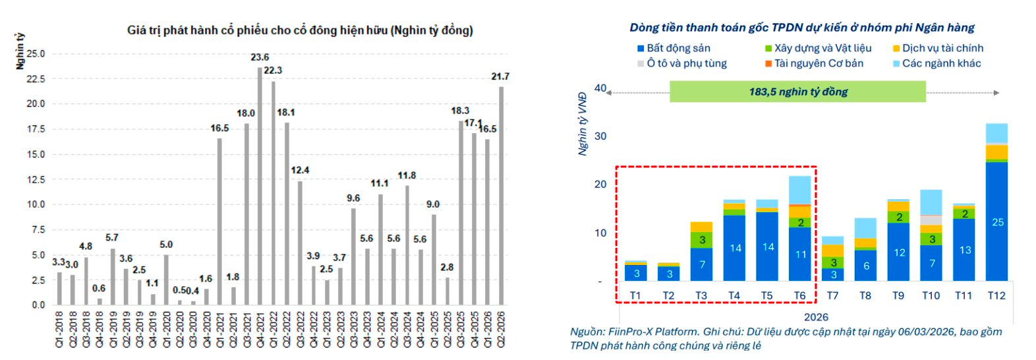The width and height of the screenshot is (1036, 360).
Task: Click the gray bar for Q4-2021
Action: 260,186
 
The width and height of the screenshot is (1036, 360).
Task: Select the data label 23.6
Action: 260,57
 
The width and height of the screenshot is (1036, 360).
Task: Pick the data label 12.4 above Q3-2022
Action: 300,170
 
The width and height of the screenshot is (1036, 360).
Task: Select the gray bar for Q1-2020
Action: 166,280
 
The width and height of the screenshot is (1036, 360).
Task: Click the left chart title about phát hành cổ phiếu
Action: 300,30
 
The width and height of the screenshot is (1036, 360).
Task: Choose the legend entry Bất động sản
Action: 678,48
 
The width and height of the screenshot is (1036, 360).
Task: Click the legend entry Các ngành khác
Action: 941,63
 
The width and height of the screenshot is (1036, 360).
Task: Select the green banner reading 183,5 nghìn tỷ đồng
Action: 797,92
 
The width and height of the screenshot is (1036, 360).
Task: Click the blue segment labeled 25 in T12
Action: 996,222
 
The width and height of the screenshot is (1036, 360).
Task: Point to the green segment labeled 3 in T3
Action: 702,240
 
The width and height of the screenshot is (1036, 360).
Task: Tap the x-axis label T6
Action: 799,295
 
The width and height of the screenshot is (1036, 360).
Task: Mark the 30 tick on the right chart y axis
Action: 600,136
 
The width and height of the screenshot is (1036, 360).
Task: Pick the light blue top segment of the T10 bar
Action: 931,202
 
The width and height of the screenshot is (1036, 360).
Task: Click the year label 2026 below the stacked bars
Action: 816,316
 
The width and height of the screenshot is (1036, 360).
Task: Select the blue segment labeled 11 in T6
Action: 800,254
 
